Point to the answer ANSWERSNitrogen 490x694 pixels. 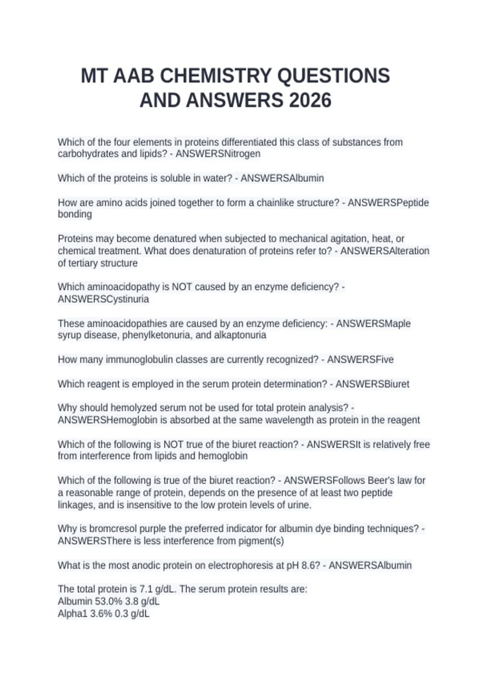[218, 154]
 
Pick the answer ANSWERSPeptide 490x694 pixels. [388, 202]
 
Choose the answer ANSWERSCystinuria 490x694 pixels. [103, 299]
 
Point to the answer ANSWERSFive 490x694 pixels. [360, 360]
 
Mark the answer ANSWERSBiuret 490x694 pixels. [372, 384]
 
